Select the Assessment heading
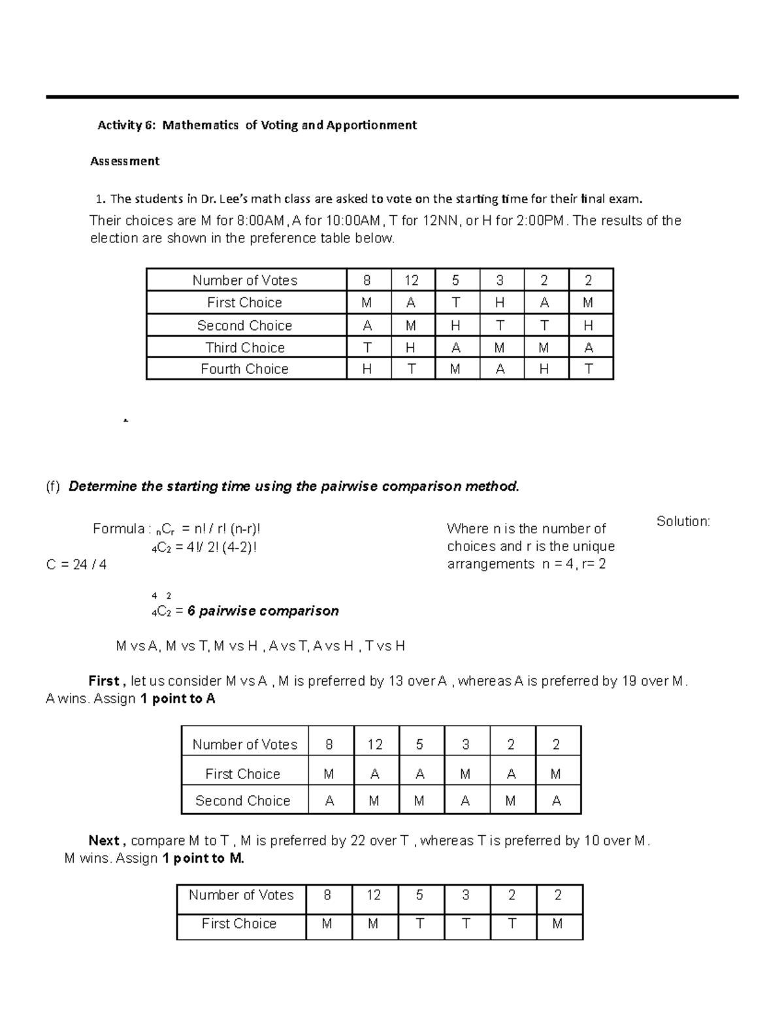click(125, 161)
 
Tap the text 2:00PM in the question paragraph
click(539, 221)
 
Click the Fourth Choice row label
click(244, 369)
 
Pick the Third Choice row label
click(245, 348)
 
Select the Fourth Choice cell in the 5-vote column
click(455, 369)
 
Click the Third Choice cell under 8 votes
click(367, 348)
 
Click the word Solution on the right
click(683, 522)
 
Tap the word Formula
click(118, 529)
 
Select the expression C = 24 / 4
click(76, 565)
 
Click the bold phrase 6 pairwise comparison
click(263, 611)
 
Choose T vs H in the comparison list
click(385, 646)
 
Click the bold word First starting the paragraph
click(104, 681)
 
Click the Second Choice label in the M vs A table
click(242, 801)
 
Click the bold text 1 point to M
click(203, 858)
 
